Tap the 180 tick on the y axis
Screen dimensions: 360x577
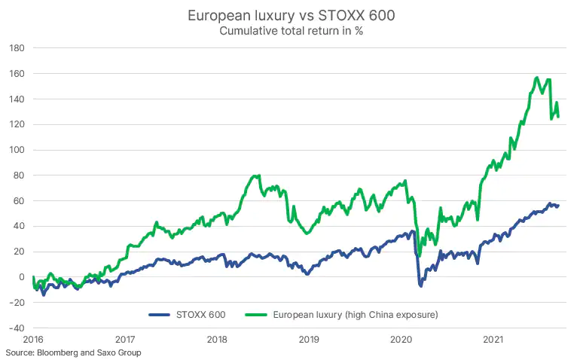click(17, 48)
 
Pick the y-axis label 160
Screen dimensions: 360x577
click(17, 74)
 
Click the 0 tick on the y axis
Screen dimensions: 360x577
click(22, 277)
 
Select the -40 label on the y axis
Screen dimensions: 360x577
click(16, 328)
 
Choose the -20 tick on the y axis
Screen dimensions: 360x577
click(16, 303)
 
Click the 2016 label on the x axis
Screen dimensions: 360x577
click(33, 340)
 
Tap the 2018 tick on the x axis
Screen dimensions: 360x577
click(216, 340)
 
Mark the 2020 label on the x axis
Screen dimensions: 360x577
click(401, 340)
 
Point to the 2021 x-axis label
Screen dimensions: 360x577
click(493, 340)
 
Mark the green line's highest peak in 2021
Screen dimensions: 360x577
click(536, 78)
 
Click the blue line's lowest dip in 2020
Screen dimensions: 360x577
click(421, 286)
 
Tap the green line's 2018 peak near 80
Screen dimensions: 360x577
click(258, 176)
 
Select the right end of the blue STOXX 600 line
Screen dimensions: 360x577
click(558, 205)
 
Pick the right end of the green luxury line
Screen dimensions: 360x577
click(558, 116)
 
